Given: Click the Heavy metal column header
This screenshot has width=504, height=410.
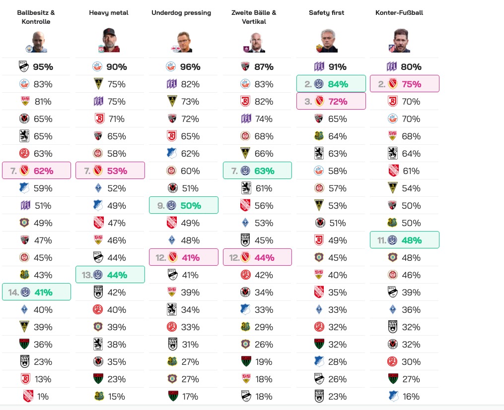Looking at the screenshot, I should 109,13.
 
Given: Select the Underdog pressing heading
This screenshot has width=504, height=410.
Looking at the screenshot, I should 181,13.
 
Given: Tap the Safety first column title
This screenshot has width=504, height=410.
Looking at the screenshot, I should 327,13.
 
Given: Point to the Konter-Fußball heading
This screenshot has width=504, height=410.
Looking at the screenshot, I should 399,13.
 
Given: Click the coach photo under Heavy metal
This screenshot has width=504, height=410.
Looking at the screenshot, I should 109,40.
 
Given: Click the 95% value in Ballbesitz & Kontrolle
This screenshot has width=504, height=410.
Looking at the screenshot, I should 44,67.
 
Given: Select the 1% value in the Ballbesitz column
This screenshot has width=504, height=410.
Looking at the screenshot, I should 43,397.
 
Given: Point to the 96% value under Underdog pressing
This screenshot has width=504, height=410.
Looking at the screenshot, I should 190,67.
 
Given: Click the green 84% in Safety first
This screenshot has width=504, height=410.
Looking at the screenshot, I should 338,84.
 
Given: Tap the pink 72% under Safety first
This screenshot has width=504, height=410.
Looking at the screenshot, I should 338,102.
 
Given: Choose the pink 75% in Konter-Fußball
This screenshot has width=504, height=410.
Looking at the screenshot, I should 411,84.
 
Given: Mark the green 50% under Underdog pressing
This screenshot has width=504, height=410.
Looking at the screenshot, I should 190,206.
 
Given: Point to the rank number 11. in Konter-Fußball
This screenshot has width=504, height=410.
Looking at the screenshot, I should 381,240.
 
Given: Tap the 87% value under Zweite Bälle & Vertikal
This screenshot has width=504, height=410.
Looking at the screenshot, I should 264,67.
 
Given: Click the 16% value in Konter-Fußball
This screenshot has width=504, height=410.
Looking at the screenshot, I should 411,397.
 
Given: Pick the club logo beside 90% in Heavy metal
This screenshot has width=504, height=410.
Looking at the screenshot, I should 97,67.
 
